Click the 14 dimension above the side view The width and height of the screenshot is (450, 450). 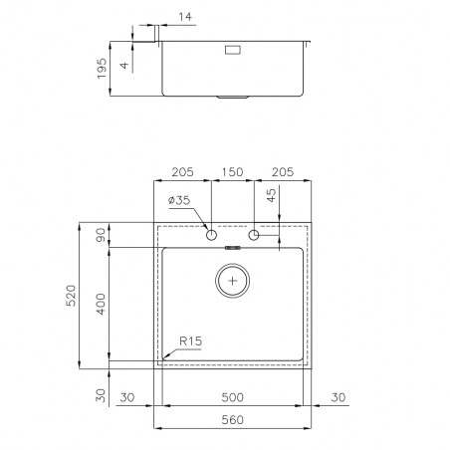point(185,17)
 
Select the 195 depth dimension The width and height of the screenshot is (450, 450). point(103,69)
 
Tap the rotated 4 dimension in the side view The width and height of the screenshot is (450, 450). point(124,65)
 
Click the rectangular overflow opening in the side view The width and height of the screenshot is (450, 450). point(233,50)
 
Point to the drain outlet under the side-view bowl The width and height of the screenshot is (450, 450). point(233,98)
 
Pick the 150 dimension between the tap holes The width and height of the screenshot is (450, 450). point(232,172)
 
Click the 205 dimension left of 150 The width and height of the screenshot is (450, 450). point(182,172)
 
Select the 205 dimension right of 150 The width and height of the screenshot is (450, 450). point(283,172)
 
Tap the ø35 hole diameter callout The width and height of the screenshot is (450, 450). point(179,200)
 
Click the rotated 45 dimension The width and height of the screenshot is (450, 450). point(272,195)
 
